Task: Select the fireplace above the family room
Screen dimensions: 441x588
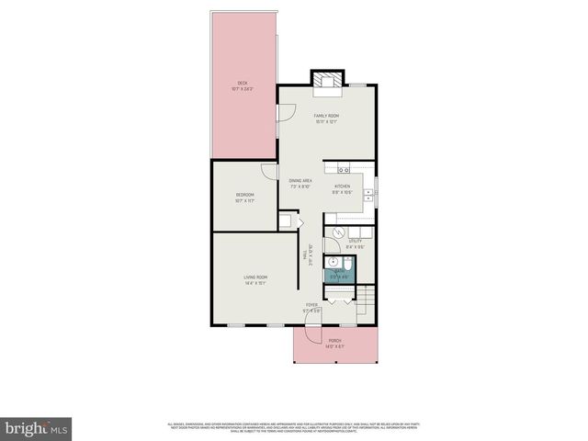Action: pos(327,81)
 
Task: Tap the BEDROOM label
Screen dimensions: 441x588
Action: pos(244,197)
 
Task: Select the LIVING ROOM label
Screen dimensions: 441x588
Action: pos(255,279)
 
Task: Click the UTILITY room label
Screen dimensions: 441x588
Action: pos(356,243)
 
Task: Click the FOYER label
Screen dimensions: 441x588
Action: pos(312,307)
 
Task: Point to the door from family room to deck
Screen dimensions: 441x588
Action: pos(286,115)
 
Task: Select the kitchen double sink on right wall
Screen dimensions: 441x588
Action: pos(367,194)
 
